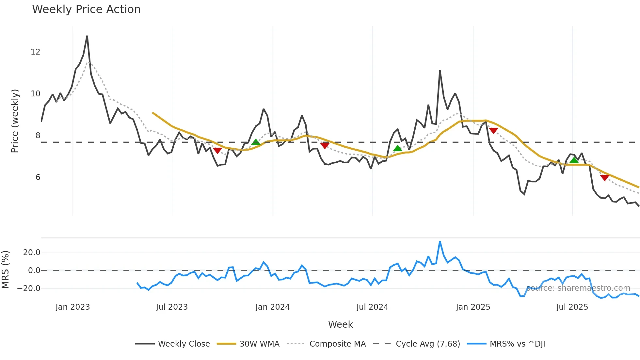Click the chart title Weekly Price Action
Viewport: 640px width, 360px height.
pos(86,9)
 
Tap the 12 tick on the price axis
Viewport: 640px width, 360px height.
pos(35,52)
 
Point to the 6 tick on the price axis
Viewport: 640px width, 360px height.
pos(38,177)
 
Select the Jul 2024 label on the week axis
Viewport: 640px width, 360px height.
pos(372,307)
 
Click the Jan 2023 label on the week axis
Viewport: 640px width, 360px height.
pos(72,307)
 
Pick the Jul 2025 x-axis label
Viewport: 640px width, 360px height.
pos(572,307)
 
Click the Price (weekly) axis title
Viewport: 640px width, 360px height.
pos(15,121)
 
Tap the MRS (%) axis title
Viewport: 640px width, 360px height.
pos(5,270)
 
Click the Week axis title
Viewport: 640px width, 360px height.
pos(340,324)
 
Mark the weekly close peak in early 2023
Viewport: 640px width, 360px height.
pos(87,36)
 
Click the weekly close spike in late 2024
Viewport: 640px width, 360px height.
pos(440,71)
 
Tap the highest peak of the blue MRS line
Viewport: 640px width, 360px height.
pos(440,242)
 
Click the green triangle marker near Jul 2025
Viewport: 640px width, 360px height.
pos(574,160)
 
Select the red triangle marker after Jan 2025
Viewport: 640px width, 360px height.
pos(493,131)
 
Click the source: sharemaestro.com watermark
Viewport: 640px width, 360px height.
pos(578,288)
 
